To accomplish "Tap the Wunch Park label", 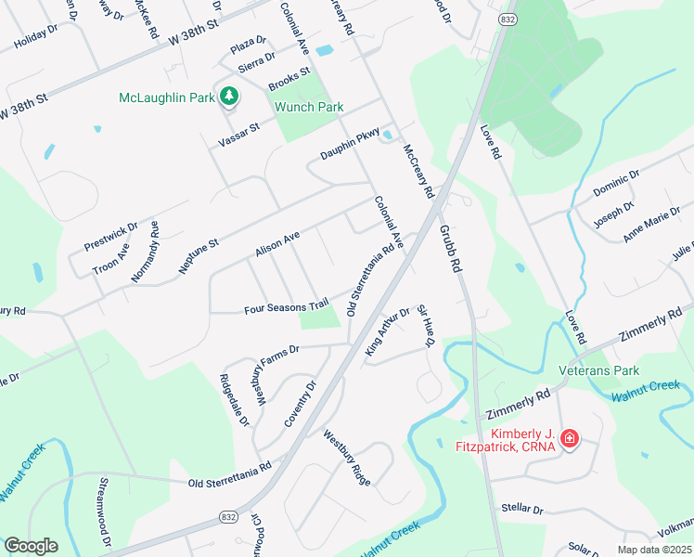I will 309,107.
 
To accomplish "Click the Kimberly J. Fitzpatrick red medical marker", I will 570,438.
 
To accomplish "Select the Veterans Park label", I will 599,370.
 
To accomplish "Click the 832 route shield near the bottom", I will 228,516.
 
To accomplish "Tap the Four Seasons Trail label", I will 287,305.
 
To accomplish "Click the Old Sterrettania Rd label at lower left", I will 229,471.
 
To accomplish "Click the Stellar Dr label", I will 521,509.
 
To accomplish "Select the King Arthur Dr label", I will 388,332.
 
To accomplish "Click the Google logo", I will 31,545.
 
